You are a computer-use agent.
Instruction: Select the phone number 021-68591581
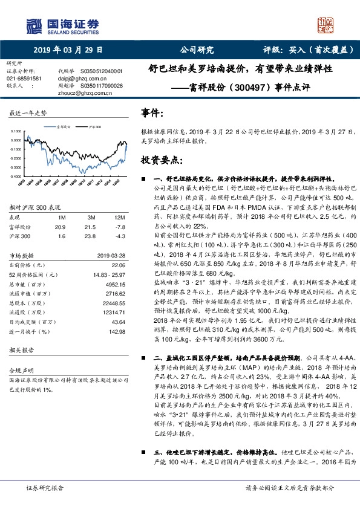pyautogui.click(x=25, y=79)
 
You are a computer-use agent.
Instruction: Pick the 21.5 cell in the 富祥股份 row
pyautogui.click(x=91, y=226)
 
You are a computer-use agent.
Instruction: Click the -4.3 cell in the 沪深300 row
pyautogui.click(x=120, y=236)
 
